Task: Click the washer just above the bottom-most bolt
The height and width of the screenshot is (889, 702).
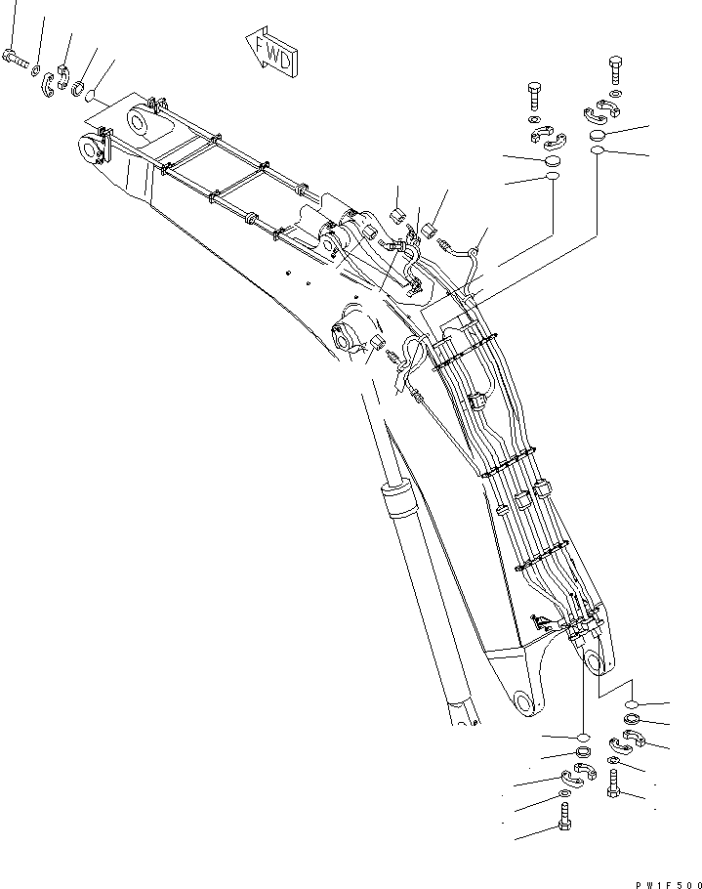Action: tap(565, 795)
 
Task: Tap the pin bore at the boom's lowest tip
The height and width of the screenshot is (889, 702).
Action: tap(524, 702)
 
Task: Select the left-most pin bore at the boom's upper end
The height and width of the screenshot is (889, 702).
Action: tap(91, 149)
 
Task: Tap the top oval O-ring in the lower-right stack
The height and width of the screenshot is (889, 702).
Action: tap(633, 704)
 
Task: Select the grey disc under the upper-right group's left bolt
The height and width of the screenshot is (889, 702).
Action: tap(552, 160)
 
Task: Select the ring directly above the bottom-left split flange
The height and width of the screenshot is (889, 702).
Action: tap(583, 752)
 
